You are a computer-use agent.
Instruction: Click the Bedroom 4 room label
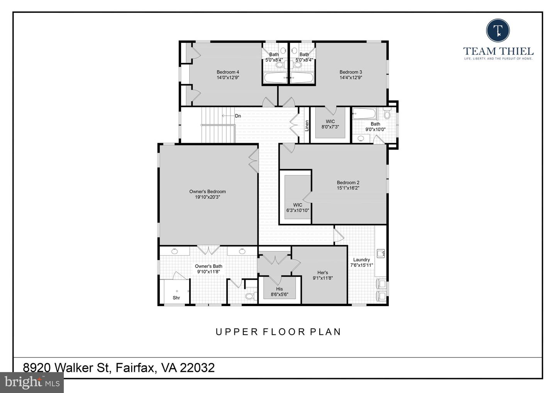(228, 72)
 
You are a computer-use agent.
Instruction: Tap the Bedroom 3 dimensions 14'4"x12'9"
(351, 77)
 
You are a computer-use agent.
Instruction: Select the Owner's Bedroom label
(207, 191)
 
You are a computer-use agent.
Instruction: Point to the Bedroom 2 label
(348, 183)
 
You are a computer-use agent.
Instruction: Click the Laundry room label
(361, 260)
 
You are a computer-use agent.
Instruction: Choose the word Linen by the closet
(307, 125)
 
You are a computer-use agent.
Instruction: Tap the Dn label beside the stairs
(238, 116)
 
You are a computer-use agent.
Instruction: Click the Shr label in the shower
(176, 298)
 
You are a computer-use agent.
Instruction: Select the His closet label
(279, 289)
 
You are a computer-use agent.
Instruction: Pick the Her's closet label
(322, 273)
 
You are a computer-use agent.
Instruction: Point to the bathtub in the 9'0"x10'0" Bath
(365, 114)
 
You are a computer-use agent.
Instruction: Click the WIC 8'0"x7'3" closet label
(330, 122)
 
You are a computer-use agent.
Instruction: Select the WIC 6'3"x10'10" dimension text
(297, 210)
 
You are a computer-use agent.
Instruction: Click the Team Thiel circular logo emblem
(498, 30)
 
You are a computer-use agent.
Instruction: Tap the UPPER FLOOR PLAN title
(278, 332)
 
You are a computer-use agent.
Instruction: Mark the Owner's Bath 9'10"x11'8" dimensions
(208, 271)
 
